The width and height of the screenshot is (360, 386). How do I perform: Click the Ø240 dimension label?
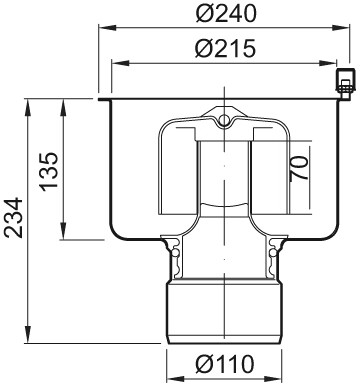pyautogui.click(x=226, y=14)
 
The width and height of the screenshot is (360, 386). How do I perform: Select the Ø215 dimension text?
pyautogui.click(x=225, y=48)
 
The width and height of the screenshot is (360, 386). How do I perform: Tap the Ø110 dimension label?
pyautogui.click(x=225, y=364)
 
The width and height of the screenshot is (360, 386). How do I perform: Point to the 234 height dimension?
pyautogui.click(x=14, y=218)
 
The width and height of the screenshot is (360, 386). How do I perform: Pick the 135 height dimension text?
pyautogui.click(x=49, y=172)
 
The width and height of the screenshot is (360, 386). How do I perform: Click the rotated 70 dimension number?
pyautogui.click(x=298, y=168)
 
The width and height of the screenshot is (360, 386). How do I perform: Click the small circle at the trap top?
pyautogui.click(x=225, y=120)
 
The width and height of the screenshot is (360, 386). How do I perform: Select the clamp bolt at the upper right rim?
pyautogui.click(x=344, y=85)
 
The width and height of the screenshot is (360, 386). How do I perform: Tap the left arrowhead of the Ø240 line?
pyautogui.click(x=107, y=28)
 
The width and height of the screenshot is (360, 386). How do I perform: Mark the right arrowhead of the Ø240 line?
pyautogui.click(x=341, y=28)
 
